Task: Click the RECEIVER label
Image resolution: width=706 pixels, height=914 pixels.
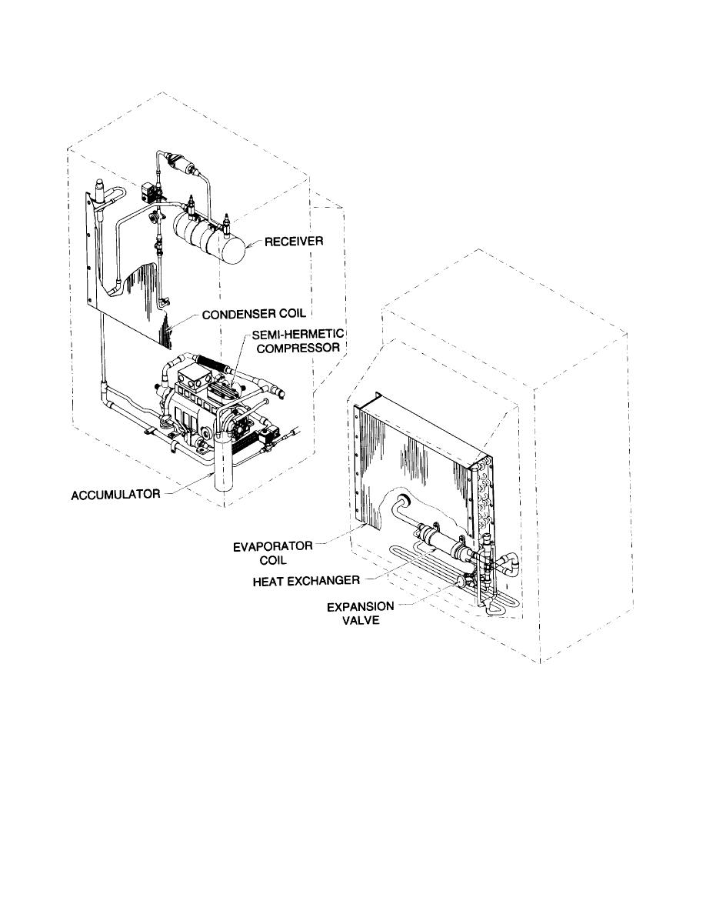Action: coord(294,241)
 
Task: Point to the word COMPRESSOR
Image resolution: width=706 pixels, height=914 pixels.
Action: coord(298,348)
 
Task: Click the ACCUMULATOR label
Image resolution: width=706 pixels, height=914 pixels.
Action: coord(115,495)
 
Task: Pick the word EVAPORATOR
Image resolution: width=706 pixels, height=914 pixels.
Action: coord(272,547)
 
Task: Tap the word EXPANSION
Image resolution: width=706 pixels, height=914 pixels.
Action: coord(360,607)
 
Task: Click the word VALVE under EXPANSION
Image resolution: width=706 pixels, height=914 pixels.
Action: coord(361,620)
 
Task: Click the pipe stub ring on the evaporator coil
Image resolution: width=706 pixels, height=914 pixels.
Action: coord(402,501)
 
